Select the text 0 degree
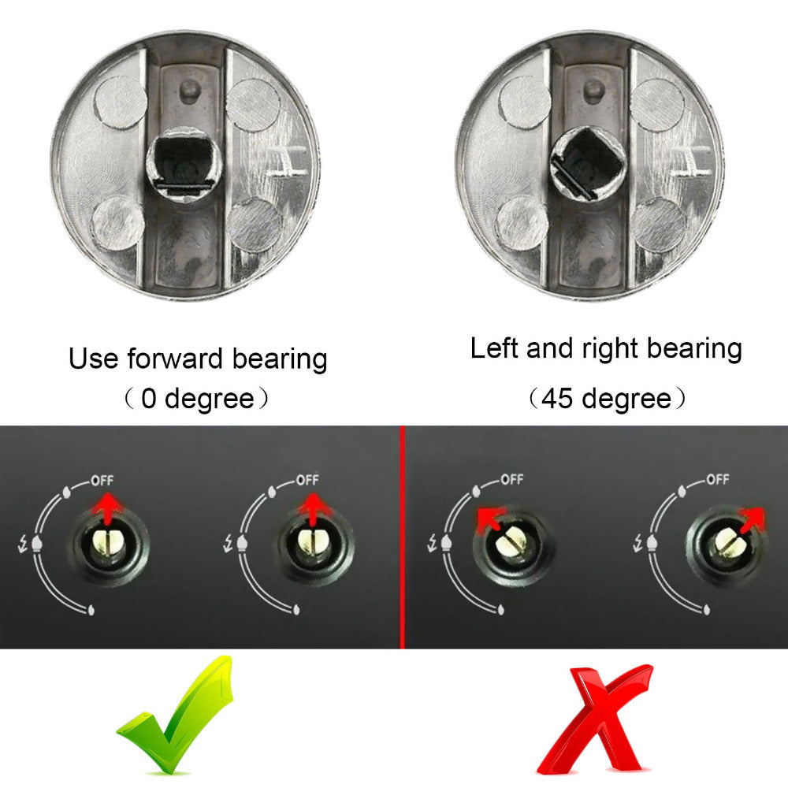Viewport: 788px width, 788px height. pyautogui.click(x=197, y=399)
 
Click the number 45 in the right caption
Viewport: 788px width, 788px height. pyautogui.click(x=556, y=399)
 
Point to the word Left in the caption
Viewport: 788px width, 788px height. pyautogui.click(x=495, y=348)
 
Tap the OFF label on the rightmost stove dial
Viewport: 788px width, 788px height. pyautogui.click(x=717, y=479)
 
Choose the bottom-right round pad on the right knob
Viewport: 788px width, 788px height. pyautogui.click(x=658, y=224)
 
